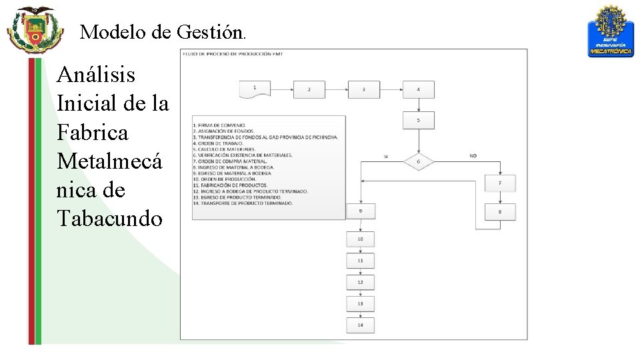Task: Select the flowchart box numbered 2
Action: pyautogui.click(x=309, y=89)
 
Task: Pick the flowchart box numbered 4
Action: pyautogui.click(x=418, y=89)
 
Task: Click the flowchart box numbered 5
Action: pyautogui.click(x=418, y=121)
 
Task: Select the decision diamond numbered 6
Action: pyautogui.click(x=418, y=161)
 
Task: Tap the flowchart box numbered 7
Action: pyautogui.click(x=500, y=183)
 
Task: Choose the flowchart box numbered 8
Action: pyautogui.click(x=500, y=212)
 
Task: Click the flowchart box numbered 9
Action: pyautogui.click(x=360, y=211)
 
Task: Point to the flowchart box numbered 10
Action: pyautogui.click(x=360, y=239)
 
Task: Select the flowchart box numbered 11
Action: pyautogui.click(x=360, y=261)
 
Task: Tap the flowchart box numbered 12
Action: pyautogui.click(x=360, y=282)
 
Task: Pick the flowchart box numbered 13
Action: pyautogui.click(x=360, y=303)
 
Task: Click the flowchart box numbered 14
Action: pyautogui.click(x=360, y=325)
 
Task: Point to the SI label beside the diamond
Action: pyautogui.click(x=385, y=156)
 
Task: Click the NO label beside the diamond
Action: pyautogui.click(x=473, y=156)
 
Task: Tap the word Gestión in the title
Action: pyautogui.click(x=211, y=31)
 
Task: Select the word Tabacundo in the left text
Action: pyautogui.click(x=110, y=218)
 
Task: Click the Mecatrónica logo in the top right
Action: pyautogui.click(x=610, y=31)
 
